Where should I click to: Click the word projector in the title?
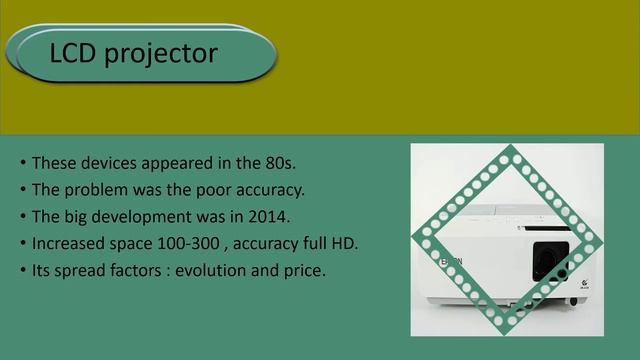[160, 54]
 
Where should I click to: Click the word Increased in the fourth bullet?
[69, 243]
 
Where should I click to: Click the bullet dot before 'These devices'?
[22, 163]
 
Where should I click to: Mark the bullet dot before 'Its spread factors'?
[22, 271]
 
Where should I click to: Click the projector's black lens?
[545, 263]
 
